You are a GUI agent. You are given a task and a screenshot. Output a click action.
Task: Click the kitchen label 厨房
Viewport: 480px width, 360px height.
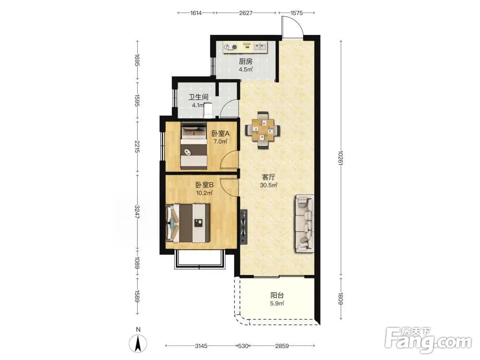pyautogui.click(x=245, y=61)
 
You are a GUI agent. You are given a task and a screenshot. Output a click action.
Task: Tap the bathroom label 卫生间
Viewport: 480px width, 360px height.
pyautogui.click(x=198, y=97)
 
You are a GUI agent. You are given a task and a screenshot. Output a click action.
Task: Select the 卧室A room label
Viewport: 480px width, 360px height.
pyautogui.click(x=220, y=133)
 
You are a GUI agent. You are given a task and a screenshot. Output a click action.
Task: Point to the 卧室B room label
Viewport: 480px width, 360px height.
pyautogui.click(x=204, y=185)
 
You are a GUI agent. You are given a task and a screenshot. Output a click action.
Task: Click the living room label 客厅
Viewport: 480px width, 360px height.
pyautogui.click(x=268, y=177)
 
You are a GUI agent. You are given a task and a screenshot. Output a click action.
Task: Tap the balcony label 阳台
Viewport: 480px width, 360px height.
pyautogui.click(x=277, y=295)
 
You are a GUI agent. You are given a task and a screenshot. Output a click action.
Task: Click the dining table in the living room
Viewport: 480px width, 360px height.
pyautogui.click(x=263, y=130)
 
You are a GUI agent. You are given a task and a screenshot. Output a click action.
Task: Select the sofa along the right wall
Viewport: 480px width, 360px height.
pyautogui.click(x=305, y=224)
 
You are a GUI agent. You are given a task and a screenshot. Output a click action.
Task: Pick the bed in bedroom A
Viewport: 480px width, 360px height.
pyautogui.click(x=193, y=146)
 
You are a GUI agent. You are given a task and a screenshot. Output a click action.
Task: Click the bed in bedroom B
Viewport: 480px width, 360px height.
pyautogui.click(x=188, y=223)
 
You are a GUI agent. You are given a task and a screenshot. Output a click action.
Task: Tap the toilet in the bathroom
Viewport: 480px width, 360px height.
pyautogui.click(x=208, y=110)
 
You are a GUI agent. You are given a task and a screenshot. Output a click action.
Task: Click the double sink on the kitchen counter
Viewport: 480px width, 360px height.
pyautogui.click(x=260, y=47)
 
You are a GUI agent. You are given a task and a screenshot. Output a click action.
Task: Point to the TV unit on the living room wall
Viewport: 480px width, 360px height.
pyautogui.click(x=244, y=227)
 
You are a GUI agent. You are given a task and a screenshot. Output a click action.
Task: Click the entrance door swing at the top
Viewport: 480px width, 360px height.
pyautogui.click(x=292, y=27)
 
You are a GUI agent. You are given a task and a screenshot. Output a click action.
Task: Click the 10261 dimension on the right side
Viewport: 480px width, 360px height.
pyautogui.click(x=341, y=157)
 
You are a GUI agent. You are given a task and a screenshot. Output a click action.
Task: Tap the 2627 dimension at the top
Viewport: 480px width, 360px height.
pyautogui.click(x=246, y=13)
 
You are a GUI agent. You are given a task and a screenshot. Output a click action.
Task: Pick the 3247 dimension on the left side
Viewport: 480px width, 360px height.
pyautogui.click(x=137, y=212)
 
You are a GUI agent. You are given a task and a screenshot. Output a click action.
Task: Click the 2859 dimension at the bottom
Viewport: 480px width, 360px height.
pyautogui.click(x=282, y=346)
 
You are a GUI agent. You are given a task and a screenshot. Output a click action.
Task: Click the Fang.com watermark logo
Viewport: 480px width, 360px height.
pyautogui.click(x=429, y=340)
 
